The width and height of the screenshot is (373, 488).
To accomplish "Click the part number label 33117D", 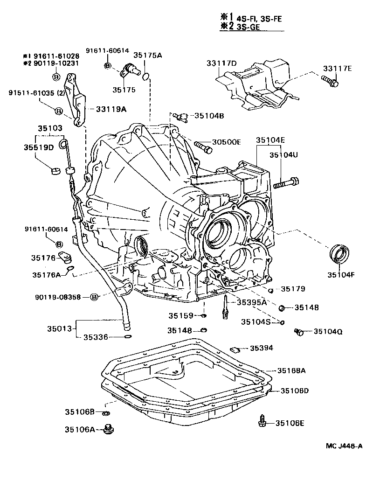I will click(x=221, y=63).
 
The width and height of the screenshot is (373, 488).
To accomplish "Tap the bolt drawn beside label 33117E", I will click(x=332, y=83).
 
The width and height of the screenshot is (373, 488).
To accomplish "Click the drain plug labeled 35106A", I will click(x=110, y=428).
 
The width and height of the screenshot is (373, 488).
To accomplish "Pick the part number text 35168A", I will click(x=291, y=370).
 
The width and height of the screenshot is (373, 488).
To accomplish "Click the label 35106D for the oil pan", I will click(x=295, y=390).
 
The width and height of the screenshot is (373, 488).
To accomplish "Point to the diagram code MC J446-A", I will click(x=344, y=446).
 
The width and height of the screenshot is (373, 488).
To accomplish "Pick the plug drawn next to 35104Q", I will click(x=300, y=332).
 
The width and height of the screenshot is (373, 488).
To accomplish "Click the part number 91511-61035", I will click(x=32, y=93).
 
